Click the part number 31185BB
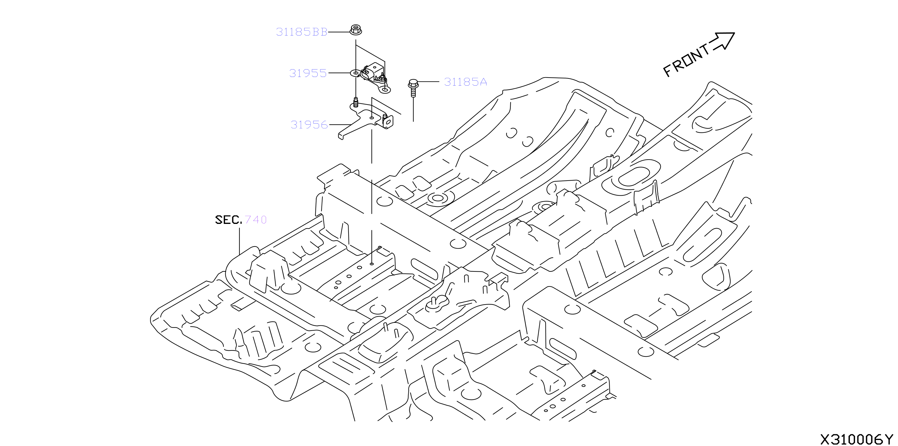[302, 32]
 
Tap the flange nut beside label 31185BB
[355, 30]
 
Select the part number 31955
[308, 73]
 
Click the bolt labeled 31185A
[413, 88]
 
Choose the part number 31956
[309, 125]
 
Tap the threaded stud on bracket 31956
[355, 102]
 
